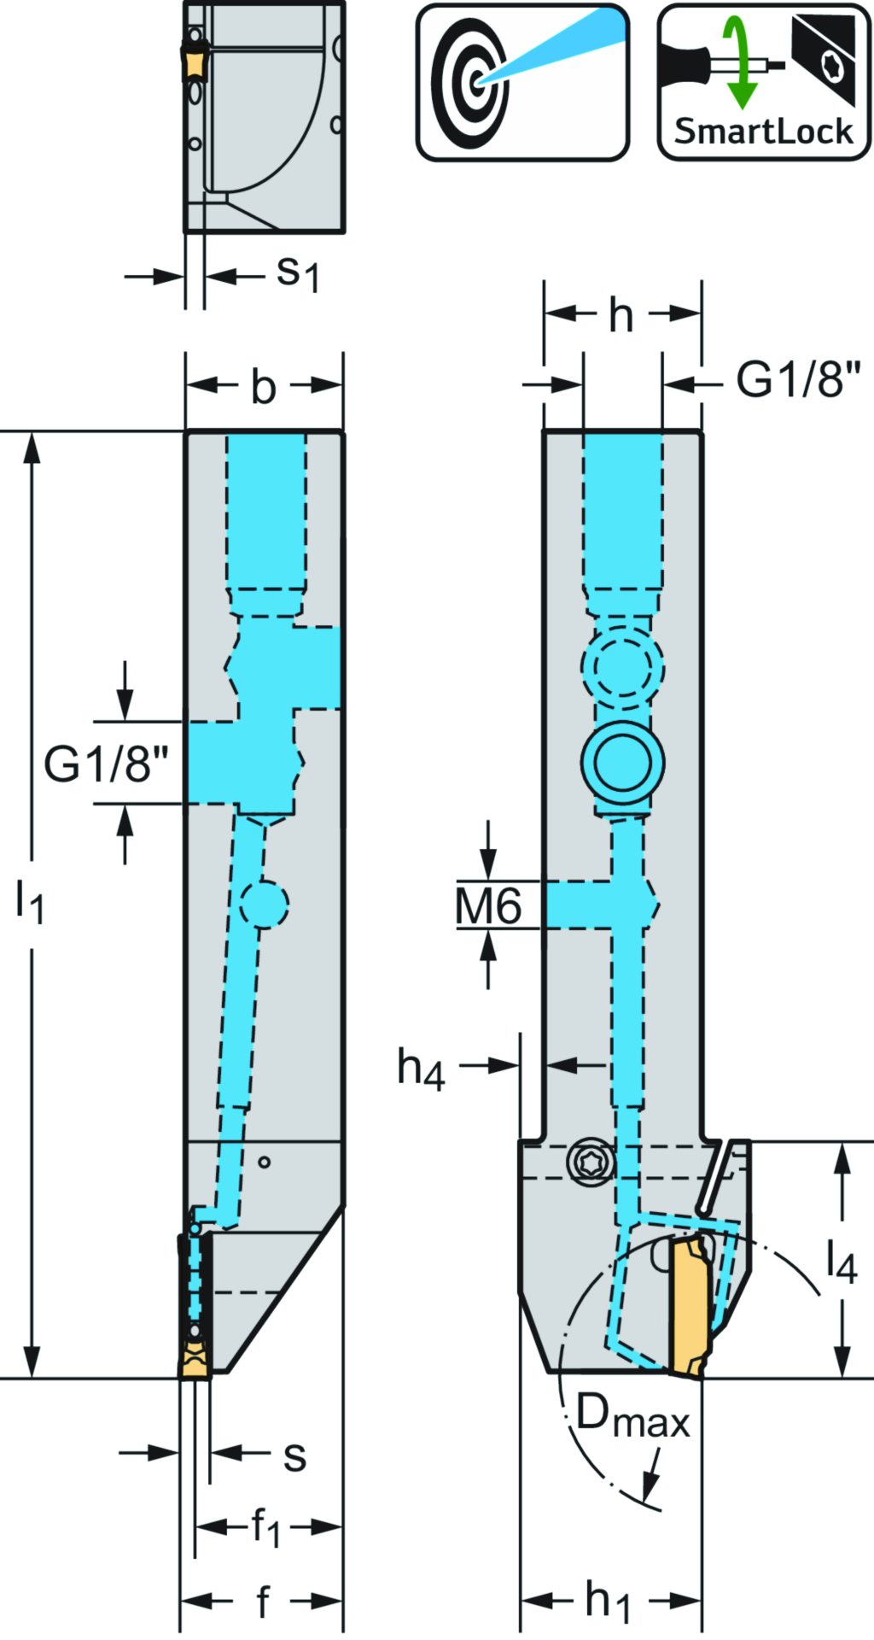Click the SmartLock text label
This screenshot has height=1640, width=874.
click(763, 132)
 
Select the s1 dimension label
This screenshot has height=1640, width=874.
click(298, 273)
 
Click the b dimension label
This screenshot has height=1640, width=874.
click(264, 387)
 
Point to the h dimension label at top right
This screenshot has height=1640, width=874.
click(621, 316)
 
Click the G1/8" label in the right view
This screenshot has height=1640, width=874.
click(798, 379)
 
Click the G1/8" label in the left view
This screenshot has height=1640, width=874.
click(106, 764)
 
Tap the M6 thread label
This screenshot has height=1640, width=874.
click(488, 906)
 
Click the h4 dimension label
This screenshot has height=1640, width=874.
click(421, 1069)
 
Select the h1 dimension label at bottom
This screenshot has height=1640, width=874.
click(608, 1600)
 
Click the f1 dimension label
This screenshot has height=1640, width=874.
click(265, 1526)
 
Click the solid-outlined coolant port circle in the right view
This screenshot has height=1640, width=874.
click(622, 763)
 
